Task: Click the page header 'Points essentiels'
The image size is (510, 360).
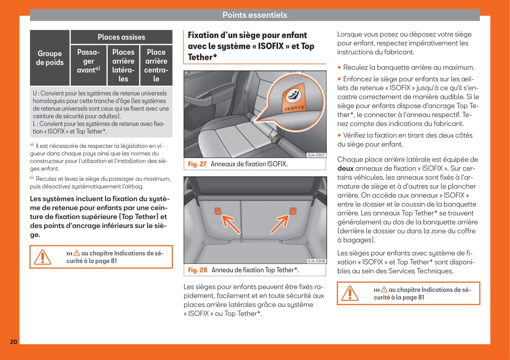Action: (x=254, y=15)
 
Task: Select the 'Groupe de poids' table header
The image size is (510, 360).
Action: (x=50, y=58)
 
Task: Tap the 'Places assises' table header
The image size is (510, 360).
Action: (x=121, y=37)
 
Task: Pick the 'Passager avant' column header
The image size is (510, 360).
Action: (x=88, y=61)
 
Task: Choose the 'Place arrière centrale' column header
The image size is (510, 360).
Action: (x=156, y=65)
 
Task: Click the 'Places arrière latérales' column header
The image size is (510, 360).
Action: (x=123, y=65)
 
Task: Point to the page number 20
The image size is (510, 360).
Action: (x=13, y=342)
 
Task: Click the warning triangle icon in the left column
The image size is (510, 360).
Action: (x=42, y=257)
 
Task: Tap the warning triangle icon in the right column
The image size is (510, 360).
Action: (x=350, y=293)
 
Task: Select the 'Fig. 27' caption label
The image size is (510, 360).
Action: (x=197, y=164)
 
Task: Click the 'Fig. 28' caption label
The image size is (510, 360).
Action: (x=198, y=270)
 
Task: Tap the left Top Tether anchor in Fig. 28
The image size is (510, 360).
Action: (x=217, y=211)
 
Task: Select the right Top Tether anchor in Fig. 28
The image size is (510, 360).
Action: (x=293, y=210)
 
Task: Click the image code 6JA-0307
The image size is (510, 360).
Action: (x=316, y=155)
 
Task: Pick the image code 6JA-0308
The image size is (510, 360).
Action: (x=316, y=261)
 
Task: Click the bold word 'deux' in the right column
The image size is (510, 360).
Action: (x=345, y=168)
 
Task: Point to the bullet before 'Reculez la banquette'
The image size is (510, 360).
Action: (x=339, y=68)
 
